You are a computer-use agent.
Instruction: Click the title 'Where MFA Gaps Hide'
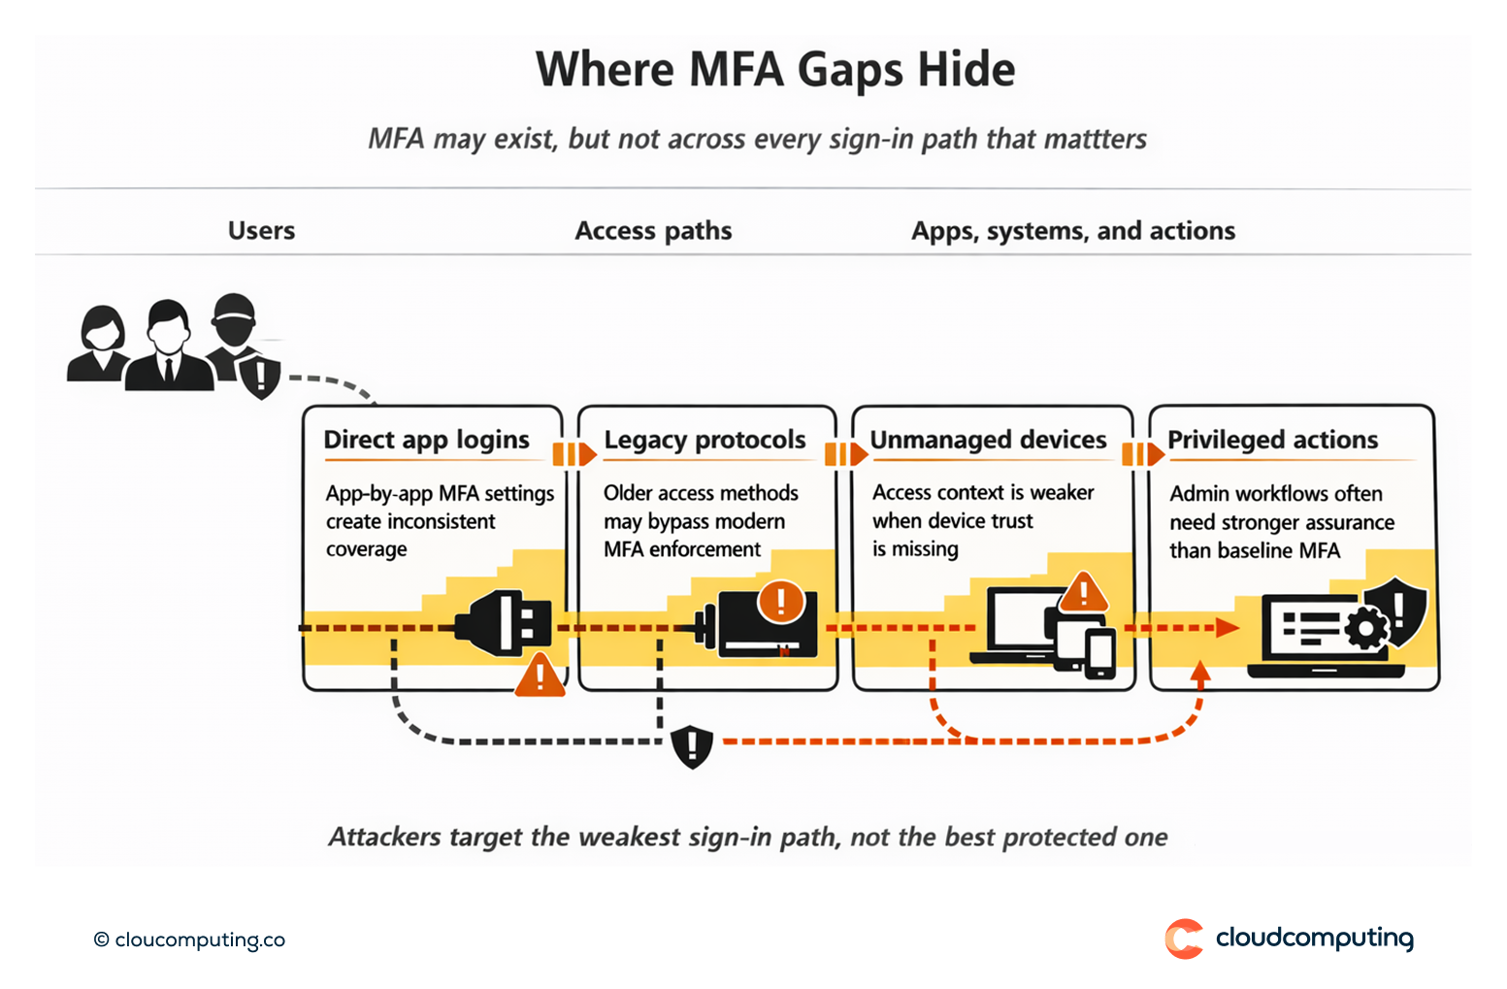(x=775, y=70)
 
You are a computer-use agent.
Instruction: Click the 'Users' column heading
(x=261, y=231)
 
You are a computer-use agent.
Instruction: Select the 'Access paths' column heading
(x=653, y=231)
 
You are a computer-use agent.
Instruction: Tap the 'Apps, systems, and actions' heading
(x=1072, y=231)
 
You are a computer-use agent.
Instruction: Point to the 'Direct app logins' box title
(x=426, y=440)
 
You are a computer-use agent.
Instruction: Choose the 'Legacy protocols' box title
(x=704, y=440)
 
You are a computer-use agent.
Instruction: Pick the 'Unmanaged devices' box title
(x=988, y=440)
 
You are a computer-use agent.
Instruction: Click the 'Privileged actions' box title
(x=1272, y=440)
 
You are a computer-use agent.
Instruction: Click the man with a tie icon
(x=169, y=346)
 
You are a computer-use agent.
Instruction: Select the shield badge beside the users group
(x=260, y=377)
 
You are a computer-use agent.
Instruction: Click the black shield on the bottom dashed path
(x=692, y=746)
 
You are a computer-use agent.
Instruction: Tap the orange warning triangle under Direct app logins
(x=540, y=676)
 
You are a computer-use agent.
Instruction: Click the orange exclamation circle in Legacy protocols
(x=781, y=601)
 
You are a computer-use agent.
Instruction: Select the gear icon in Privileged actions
(x=1366, y=628)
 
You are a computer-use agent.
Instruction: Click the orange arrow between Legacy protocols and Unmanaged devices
(x=846, y=453)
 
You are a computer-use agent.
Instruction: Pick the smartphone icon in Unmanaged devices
(x=1100, y=653)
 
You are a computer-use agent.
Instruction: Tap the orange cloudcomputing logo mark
(x=1184, y=939)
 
